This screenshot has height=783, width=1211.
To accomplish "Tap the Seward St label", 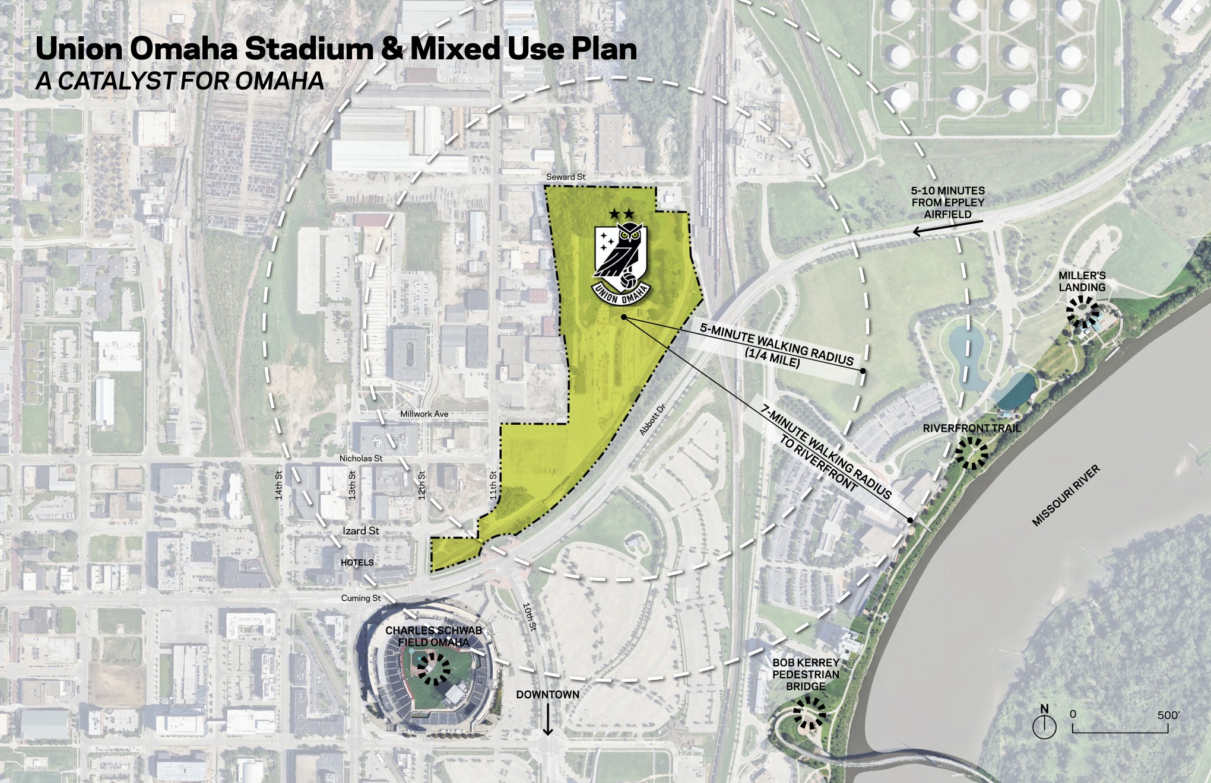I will [x=566, y=177].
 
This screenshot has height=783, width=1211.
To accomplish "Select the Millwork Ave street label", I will [x=424, y=414].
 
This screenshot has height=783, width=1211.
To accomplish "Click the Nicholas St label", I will [x=361, y=459].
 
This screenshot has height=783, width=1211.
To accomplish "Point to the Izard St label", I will [x=361, y=531].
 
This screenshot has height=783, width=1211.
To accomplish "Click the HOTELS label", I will [x=357, y=562].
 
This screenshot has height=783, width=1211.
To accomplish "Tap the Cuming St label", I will [x=361, y=598].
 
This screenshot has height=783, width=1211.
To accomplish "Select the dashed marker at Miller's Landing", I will [x=1082, y=312].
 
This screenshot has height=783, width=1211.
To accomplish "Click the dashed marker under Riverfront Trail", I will [x=972, y=454].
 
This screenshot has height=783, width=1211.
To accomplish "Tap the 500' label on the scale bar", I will [x=1168, y=715].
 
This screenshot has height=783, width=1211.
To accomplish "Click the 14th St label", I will [x=279, y=485].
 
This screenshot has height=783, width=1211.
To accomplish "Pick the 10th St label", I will [x=529, y=617].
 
